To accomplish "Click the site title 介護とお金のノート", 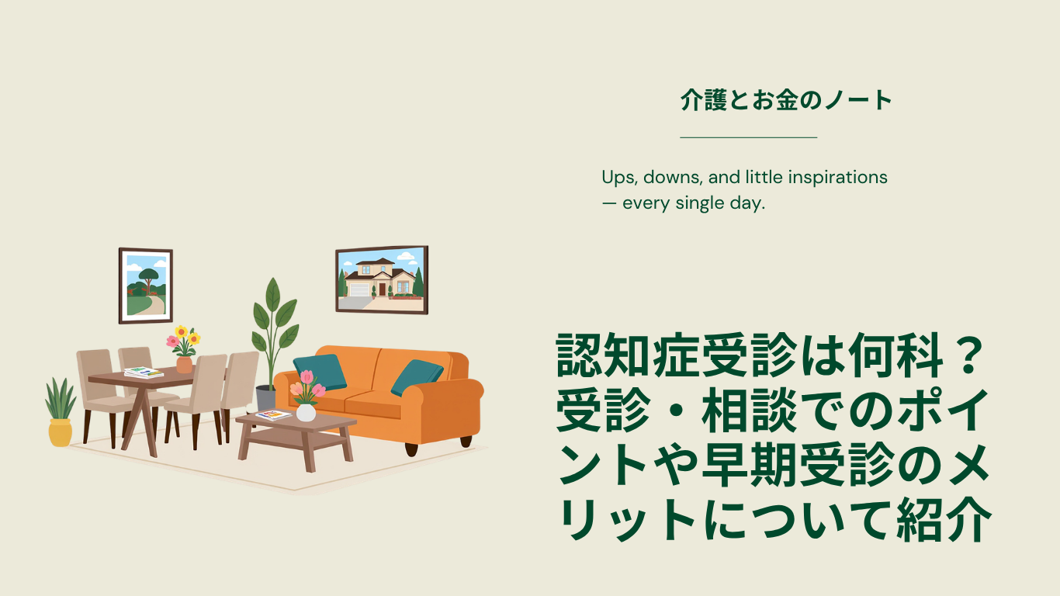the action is (x=786, y=100).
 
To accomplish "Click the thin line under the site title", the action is (x=749, y=137).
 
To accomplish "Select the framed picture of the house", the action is (x=382, y=280).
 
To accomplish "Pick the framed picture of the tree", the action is (x=146, y=286).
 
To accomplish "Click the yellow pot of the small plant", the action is (x=61, y=433).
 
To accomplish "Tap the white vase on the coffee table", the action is (x=306, y=413).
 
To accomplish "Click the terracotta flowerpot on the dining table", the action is (x=184, y=365).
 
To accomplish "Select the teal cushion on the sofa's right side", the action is (x=417, y=377).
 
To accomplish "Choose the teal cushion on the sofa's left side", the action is (x=320, y=372).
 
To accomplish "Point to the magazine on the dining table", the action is (x=144, y=372).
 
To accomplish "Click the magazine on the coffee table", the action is (x=273, y=415).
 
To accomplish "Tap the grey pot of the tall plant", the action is (x=265, y=398).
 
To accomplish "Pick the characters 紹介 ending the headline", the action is (x=944, y=519).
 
